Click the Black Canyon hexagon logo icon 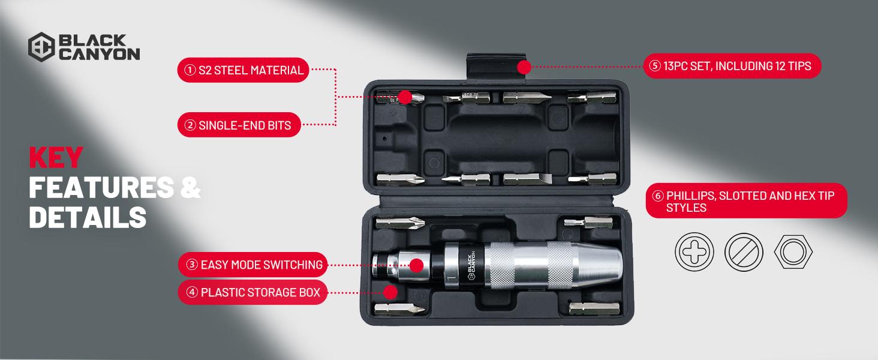tap(41, 47)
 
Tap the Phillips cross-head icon tap(694, 251)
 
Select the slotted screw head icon tap(744, 251)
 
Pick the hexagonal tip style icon tap(793, 251)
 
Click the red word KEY tap(56, 157)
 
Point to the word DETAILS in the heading tap(88, 217)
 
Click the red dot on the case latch tap(524, 67)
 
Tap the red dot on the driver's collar tap(417, 265)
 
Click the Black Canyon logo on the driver tap(471, 265)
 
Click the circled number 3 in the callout tap(192, 265)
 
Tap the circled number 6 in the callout tap(658, 195)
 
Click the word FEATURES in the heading tap(101, 187)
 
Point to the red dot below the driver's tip tap(390, 292)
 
